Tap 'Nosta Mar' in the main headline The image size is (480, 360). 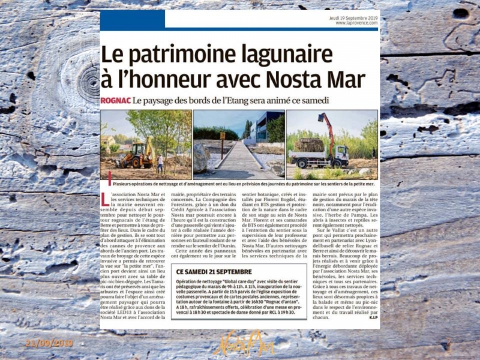click(314, 79)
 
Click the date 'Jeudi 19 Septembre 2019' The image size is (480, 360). click(353, 18)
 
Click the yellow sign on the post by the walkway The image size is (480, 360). click(223, 136)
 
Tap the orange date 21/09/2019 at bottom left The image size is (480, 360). click(49, 343)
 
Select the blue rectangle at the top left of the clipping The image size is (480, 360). click(124, 20)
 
